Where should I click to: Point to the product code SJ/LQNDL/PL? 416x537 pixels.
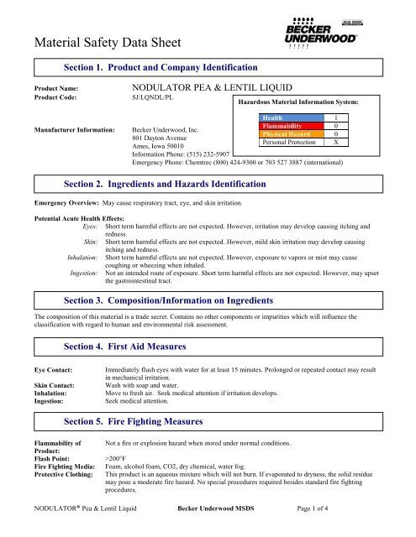click(x=161, y=98)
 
